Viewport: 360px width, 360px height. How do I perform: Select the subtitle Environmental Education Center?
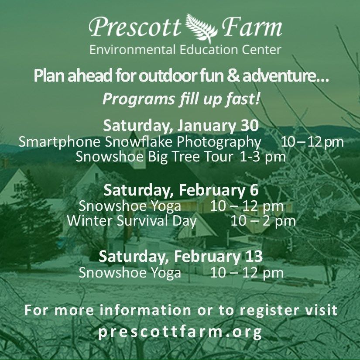point(185,50)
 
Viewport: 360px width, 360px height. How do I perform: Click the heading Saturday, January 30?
point(181,126)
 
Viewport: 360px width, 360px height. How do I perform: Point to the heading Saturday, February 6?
point(181,190)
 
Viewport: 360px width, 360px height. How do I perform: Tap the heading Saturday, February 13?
point(181,256)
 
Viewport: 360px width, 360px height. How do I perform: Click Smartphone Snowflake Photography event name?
point(140,142)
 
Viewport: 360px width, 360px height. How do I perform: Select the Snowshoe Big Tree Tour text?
point(154,157)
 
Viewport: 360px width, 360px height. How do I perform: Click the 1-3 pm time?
point(262,157)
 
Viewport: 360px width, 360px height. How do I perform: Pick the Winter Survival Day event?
point(132,221)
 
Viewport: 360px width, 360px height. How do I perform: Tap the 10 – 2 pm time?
point(263,221)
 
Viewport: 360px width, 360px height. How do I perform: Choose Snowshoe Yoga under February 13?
point(130,273)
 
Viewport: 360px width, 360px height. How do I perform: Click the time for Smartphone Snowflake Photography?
point(312,142)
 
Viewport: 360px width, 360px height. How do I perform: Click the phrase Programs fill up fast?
point(181,99)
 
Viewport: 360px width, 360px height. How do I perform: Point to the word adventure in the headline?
point(286,76)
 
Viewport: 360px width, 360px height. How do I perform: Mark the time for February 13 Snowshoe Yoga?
point(247,273)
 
